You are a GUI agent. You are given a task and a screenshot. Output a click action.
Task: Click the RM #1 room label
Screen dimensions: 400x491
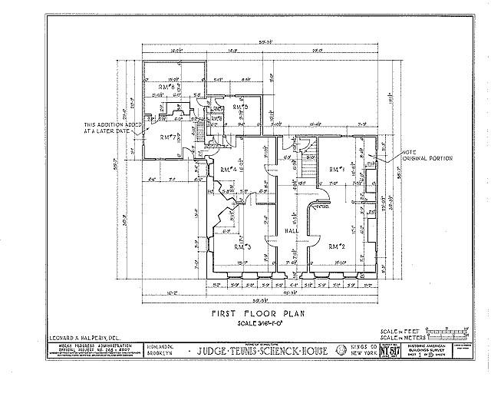[334, 170]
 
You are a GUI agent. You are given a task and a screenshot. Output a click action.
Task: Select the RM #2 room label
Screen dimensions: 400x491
[334, 246]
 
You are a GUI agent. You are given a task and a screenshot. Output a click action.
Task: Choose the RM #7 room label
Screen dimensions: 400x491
[169, 137]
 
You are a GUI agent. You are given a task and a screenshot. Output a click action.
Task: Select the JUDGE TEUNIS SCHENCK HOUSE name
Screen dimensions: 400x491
[261, 352]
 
